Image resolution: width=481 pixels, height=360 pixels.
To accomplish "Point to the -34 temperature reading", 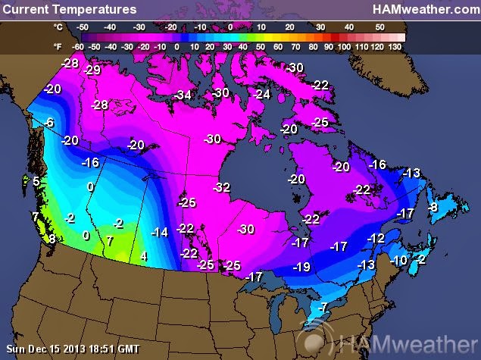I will (x=183, y=95).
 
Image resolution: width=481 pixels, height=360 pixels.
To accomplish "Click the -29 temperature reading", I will (x=92, y=70).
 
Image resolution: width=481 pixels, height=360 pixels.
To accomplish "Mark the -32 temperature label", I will (x=221, y=186).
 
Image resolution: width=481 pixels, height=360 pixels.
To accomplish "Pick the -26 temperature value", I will (x=186, y=202).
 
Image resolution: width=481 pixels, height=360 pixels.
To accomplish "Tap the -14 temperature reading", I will (x=160, y=232).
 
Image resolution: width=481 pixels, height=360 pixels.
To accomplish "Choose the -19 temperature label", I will (x=301, y=267).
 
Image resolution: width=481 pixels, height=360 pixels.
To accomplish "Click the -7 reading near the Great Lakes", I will (x=322, y=307).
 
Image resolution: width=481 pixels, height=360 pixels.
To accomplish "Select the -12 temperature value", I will (x=376, y=238).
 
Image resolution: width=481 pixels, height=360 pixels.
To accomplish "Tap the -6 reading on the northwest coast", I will (x=48, y=123).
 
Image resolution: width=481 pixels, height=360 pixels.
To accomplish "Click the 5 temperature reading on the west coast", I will (x=36, y=181).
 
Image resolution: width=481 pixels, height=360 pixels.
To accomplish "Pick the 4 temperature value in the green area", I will (x=144, y=256).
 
